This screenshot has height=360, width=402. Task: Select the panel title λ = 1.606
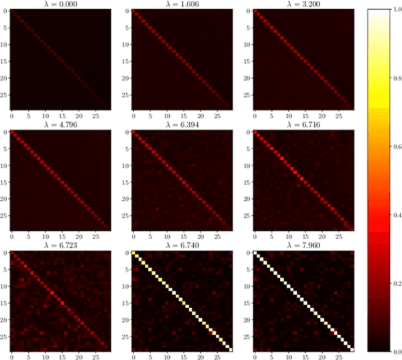click(x=182, y=4)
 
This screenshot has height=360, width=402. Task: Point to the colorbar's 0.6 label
click(x=395, y=145)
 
